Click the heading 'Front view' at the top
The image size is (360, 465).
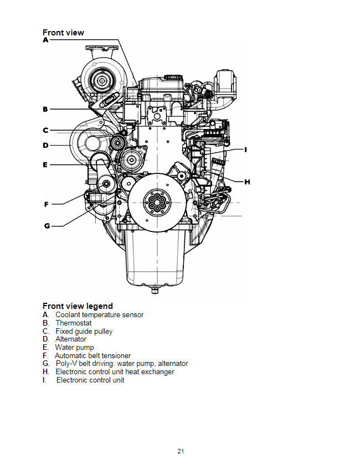tap(63, 33)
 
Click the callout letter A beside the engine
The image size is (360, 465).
tap(46, 40)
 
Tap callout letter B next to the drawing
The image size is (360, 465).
tap(46, 109)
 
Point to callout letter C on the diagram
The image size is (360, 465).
tap(46, 131)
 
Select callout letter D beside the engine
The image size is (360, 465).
tap(46, 146)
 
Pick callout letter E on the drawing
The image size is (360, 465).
tap(46, 164)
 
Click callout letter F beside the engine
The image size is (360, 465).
tap(47, 205)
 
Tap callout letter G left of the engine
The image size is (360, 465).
tap(47, 225)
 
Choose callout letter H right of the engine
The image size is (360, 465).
tap(247, 182)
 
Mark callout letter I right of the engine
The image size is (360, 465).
tap(245, 149)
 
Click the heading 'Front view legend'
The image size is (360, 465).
tap(78, 306)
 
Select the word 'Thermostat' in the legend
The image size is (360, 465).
tap(74, 323)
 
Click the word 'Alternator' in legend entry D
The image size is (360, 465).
tap(71, 339)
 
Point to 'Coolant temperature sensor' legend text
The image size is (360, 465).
tap(99, 314)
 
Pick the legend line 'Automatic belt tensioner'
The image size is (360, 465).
tap(93, 355)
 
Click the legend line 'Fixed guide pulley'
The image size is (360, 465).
tap(84, 331)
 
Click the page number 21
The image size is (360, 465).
tap(181, 451)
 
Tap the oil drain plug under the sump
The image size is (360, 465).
tap(155, 290)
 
